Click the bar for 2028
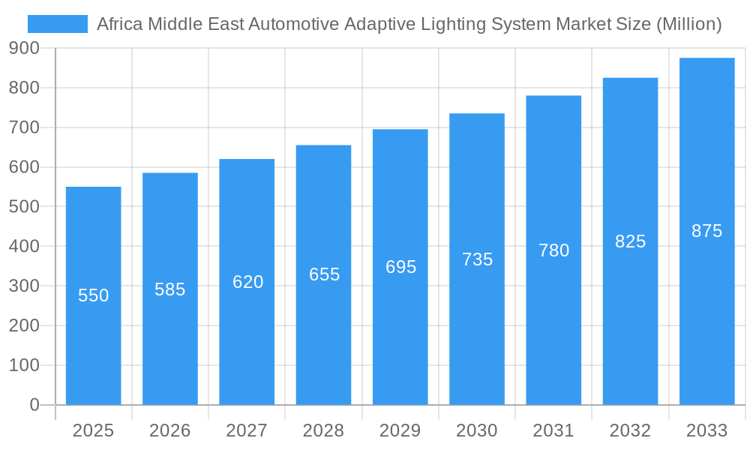pyautogui.click(x=323, y=337)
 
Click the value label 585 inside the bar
pyautogui.click(x=170, y=289)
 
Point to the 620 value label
pyautogui.click(x=247, y=282)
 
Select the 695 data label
pyautogui.click(x=400, y=267)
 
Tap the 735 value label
pyautogui.click(x=477, y=259)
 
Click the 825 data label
pyautogui.click(x=630, y=241)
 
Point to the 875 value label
pyautogui.click(x=706, y=231)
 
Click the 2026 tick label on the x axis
pyautogui.click(x=170, y=430)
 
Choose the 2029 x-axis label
pyautogui.click(x=400, y=430)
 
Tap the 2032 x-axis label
pyautogui.click(x=630, y=430)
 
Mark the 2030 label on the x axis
pyautogui.click(x=477, y=430)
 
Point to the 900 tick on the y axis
pyautogui.click(x=24, y=48)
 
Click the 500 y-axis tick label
pyautogui.click(x=24, y=206)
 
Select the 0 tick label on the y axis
pyautogui.click(x=34, y=405)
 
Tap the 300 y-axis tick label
pyautogui.click(x=24, y=286)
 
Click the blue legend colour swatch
pyautogui.click(x=58, y=24)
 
